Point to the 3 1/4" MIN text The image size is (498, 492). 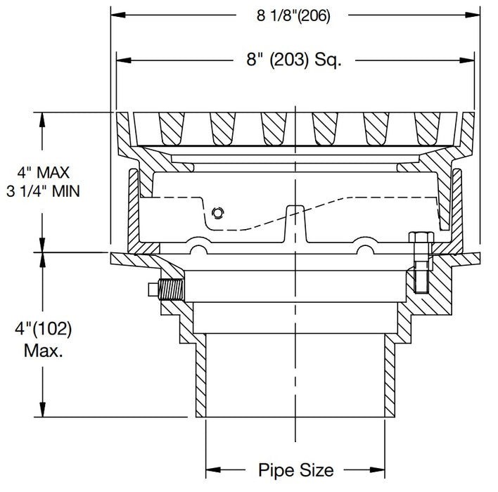[44, 190]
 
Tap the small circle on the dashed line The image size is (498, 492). [218, 212]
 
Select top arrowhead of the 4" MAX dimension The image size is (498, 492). [44, 117]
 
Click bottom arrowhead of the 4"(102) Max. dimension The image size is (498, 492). [44, 413]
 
